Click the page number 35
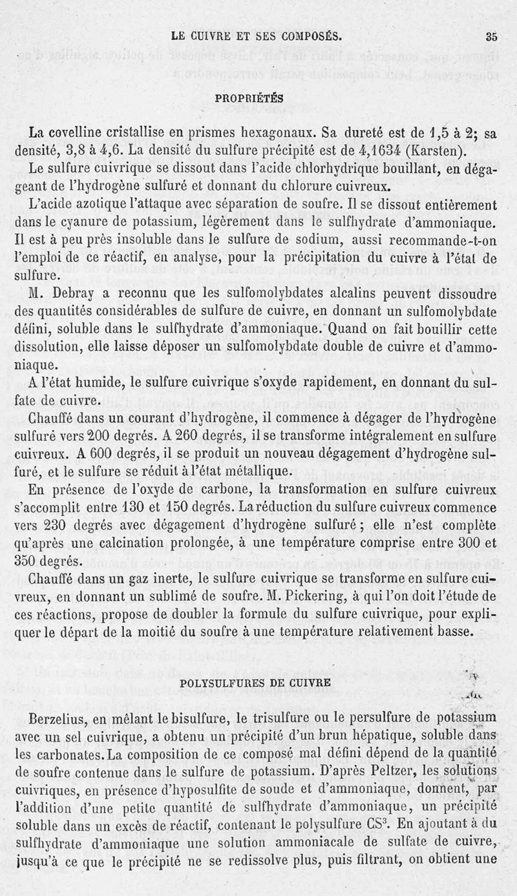click(491, 36)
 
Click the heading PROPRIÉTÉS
click(249, 98)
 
